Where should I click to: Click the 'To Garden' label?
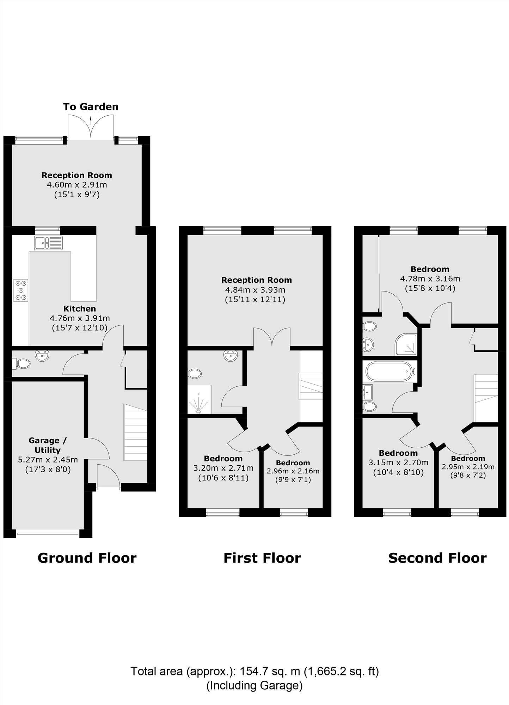coord(91,107)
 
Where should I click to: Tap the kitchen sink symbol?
coord(48,243)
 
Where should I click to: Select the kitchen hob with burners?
coord(21,290)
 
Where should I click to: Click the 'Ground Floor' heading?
coord(87,558)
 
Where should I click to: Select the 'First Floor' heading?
coord(262,558)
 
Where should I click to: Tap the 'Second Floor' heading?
coord(437,558)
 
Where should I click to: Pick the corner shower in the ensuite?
coord(406,345)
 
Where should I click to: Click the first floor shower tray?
coord(199,400)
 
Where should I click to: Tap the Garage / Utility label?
coord(48,445)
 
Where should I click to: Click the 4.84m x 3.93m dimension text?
coord(255,290)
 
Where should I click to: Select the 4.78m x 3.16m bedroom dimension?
coord(430,279)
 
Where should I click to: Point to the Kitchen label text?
coord(80,309)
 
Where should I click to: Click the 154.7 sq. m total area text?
coord(255,671)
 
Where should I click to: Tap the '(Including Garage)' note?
coord(255,685)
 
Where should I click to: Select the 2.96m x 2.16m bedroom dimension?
coord(293,471)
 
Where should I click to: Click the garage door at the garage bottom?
coord(48,534)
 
